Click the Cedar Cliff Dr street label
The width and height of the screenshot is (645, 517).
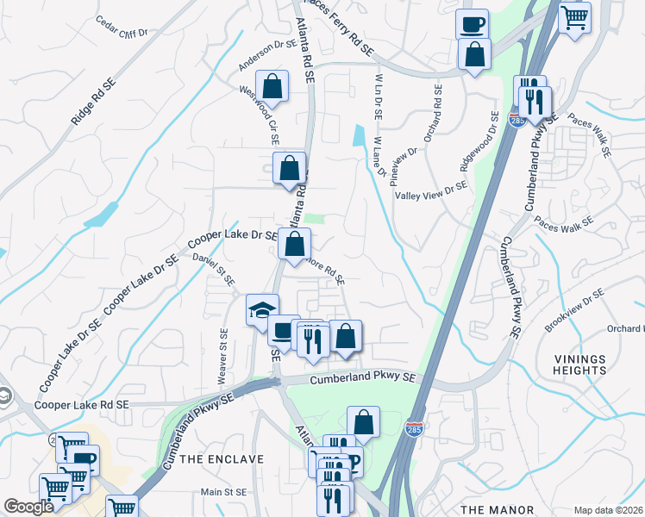122,25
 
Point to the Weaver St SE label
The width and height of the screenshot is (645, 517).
222,357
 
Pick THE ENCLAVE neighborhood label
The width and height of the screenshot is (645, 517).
222,459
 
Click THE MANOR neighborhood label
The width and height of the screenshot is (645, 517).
498,510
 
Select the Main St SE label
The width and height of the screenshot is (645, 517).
223,492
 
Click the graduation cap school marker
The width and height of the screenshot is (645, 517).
263,308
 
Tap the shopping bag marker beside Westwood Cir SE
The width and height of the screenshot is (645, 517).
272,86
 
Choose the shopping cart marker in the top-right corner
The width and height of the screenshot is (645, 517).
574,17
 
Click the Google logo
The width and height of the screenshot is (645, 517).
29,508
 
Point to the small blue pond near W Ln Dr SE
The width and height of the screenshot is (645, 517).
359,136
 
